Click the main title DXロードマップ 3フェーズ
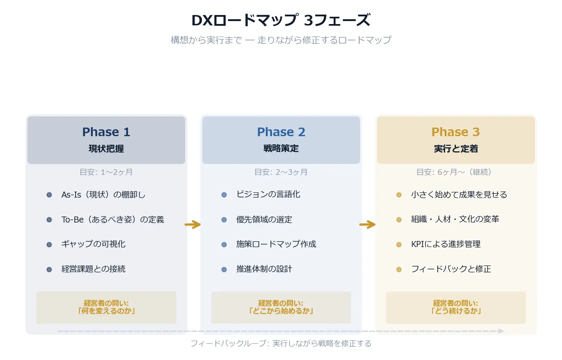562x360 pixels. pos(281,21)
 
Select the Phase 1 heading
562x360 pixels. pos(106,132)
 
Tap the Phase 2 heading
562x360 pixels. pos(281,132)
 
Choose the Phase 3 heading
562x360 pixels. pos(455,132)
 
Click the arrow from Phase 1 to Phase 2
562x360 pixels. pos(193,224)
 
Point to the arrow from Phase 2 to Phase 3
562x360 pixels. pos(368,224)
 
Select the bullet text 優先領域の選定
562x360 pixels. pos(264,220)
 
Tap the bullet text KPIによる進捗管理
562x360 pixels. pos(446,244)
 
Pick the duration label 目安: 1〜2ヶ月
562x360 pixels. pos(106,172)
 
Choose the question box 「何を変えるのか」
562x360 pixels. pos(106,307)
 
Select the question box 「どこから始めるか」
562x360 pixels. pos(281,307)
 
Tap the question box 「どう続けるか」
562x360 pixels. pos(455,307)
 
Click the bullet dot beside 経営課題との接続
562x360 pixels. pos(49,269)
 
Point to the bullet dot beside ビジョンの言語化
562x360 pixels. pos(224,195)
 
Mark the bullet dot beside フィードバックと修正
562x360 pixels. pos(399,269)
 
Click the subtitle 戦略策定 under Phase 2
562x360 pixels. pos(281,149)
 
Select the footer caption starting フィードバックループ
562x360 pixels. pos(281,344)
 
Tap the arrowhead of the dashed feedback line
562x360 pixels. pos(501,331)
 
